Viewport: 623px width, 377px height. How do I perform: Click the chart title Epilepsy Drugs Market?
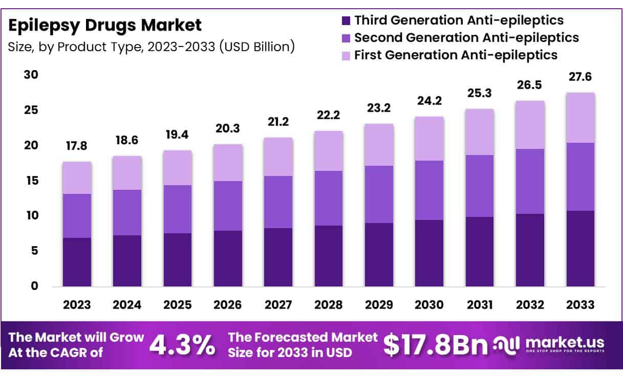[105, 25]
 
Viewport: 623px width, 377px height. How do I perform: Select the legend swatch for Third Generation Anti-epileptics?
[346, 21]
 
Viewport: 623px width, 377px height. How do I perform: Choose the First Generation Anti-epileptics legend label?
[456, 54]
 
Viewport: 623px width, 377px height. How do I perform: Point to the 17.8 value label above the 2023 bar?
[77, 146]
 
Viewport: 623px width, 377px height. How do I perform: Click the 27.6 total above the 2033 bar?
[580, 77]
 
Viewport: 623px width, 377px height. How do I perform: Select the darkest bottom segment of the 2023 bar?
[77, 262]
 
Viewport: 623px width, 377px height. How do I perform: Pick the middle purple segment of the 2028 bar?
[329, 198]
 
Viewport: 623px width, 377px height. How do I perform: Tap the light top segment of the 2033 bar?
[580, 118]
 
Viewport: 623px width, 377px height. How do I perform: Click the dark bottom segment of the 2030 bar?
[429, 253]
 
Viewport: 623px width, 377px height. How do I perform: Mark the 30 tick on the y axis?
[31, 75]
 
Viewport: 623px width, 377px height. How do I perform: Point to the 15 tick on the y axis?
[31, 181]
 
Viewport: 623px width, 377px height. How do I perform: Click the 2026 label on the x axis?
[228, 305]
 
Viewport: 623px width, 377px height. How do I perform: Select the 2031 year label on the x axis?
[480, 305]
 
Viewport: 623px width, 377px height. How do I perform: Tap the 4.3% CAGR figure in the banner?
[182, 346]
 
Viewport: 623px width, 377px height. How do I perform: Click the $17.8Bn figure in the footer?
[435, 346]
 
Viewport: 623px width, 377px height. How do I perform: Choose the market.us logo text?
[564, 342]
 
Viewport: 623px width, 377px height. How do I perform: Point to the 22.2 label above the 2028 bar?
[329, 116]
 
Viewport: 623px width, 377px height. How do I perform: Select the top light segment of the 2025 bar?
[178, 168]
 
